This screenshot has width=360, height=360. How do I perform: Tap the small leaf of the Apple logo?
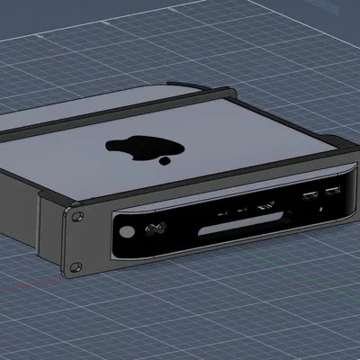click(x=165, y=162)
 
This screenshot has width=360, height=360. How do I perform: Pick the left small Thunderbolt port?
click(x=220, y=214)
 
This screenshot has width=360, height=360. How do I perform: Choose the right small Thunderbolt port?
click(x=241, y=211)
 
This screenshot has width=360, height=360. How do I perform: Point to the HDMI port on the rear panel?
click(x=266, y=207)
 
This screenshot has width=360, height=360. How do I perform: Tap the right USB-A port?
click(x=332, y=190)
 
